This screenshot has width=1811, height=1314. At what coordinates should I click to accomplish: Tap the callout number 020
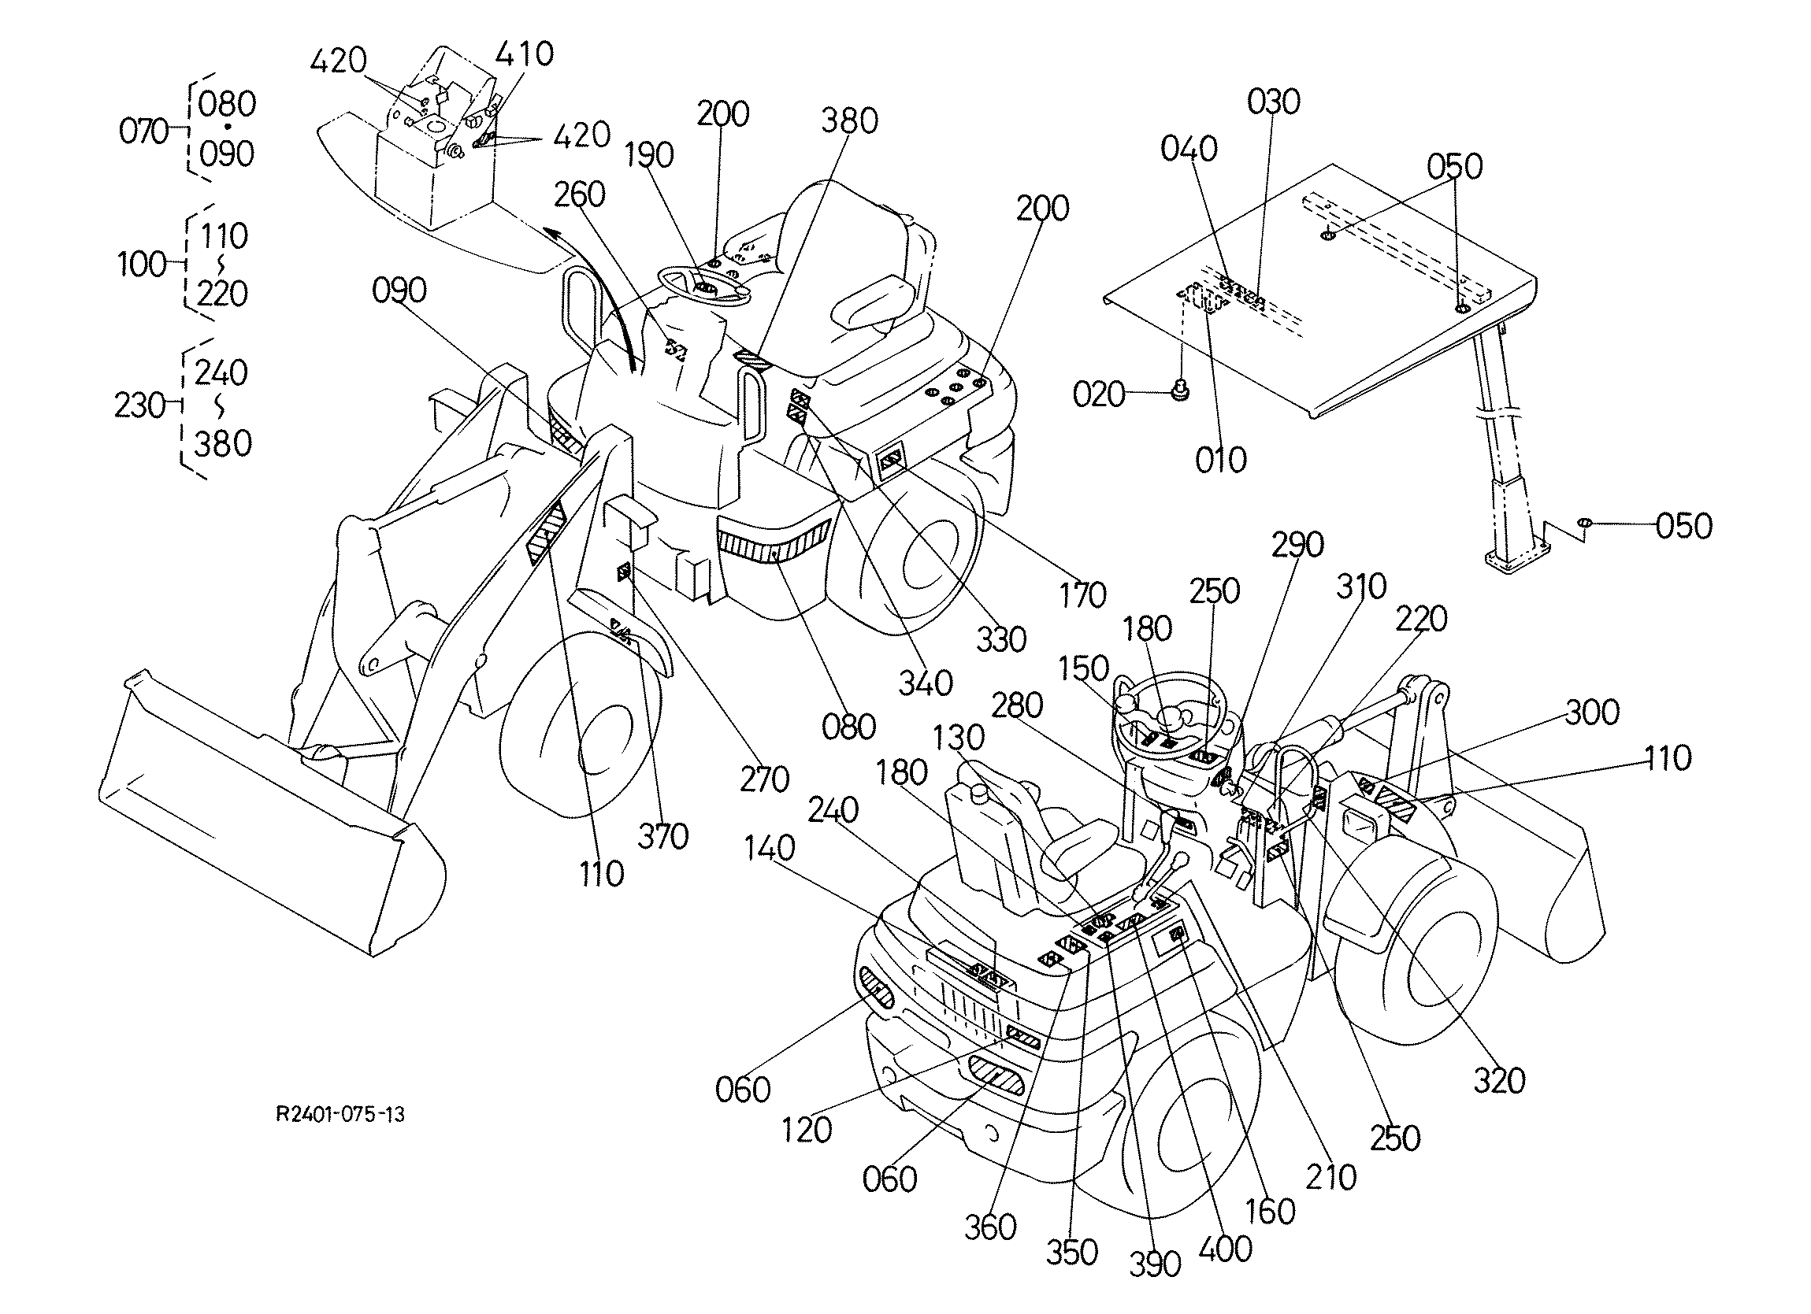pyautogui.click(x=1099, y=394)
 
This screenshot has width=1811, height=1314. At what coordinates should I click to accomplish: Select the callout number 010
pyautogui.click(x=1221, y=460)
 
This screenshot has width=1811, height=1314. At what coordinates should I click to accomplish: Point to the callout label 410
pyautogui.click(x=525, y=54)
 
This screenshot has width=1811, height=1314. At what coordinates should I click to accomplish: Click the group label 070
pyautogui.click(x=143, y=131)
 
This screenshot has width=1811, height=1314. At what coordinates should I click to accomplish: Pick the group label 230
pyautogui.click(x=140, y=406)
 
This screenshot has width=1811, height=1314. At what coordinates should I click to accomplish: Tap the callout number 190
pyautogui.click(x=648, y=155)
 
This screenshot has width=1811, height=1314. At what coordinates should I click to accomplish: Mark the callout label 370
pyautogui.click(x=662, y=837)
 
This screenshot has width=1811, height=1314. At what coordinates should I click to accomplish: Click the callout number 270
pyautogui.click(x=764, y=779)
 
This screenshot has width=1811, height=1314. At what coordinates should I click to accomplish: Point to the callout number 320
pyautogui.click(x=1499, y=1081)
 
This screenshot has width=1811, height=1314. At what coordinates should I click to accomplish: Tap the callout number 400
pyautogui.click(x=1226, y=1249)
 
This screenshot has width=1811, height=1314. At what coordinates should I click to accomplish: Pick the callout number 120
pyautogui.click(x=807, y=1130)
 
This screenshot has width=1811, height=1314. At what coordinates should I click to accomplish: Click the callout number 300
pyautogui.click(x=1592, y=712)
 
